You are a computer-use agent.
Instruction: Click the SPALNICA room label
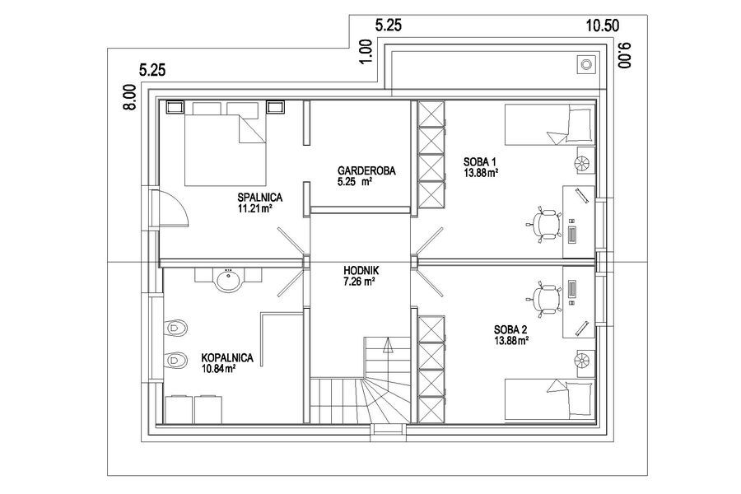260,197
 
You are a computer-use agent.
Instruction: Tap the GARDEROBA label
366,170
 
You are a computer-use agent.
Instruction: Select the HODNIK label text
361,271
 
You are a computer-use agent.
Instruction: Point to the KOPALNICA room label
227,358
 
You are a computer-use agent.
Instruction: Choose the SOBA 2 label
510,330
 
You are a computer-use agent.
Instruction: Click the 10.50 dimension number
603,26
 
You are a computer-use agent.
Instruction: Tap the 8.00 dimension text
130,97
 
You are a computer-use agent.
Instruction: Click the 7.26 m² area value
359,282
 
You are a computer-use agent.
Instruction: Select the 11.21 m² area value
254,208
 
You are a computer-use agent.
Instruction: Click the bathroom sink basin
229,280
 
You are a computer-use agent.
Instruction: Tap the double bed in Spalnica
225,143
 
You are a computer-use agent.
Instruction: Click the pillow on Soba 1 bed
580,124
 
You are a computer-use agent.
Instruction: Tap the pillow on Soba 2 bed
580,399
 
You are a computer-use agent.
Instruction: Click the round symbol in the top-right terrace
586,64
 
